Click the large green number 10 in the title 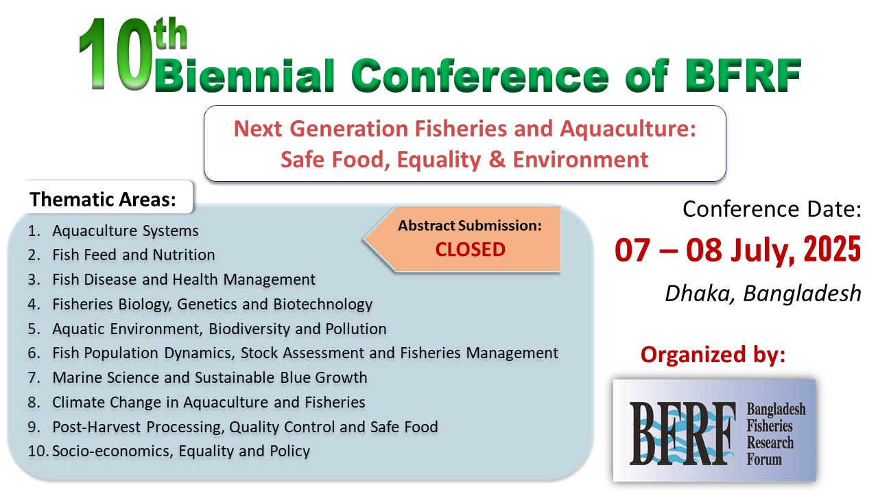coord(115,54)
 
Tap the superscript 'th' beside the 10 coord(171,34)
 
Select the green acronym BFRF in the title coord(742,75)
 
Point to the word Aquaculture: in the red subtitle coord(628,129)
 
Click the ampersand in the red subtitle coord(497,159)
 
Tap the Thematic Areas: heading coord(103,199)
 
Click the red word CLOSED coord(471,249)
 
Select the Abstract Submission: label coord(470,226)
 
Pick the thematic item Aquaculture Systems coord(126,231)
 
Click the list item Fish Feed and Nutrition coord(134,255)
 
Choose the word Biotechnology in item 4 coord(322,304)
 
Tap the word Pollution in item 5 coord(356,329)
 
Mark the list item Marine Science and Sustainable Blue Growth coord(210,377)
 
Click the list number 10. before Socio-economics coord(38,451)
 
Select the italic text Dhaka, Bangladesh coord(763,293)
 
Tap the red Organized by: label coord(713,355)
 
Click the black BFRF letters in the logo coord(682,433)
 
